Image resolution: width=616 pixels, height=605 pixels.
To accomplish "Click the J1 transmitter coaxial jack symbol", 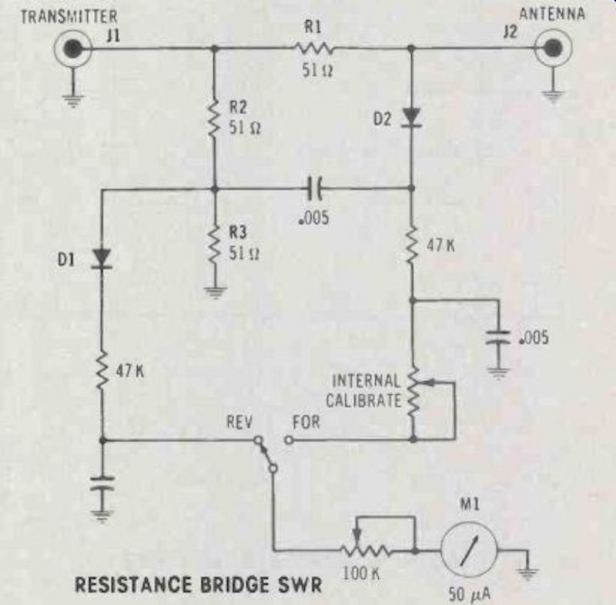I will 72,49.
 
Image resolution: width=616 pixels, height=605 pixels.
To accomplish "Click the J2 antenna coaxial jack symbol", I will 551,49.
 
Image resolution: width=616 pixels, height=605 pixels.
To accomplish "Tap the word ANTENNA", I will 552,15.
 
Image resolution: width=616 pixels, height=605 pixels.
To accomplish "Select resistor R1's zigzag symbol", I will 312,49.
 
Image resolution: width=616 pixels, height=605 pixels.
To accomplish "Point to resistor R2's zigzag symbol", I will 213,118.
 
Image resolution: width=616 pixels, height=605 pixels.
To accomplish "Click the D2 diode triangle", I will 412,116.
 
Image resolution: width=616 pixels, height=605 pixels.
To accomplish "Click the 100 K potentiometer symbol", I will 367,551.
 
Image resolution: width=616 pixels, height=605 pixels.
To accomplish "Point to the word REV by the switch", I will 239,422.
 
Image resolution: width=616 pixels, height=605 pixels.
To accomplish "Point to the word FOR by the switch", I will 306,422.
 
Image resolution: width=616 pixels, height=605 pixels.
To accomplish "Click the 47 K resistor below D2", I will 412,246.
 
